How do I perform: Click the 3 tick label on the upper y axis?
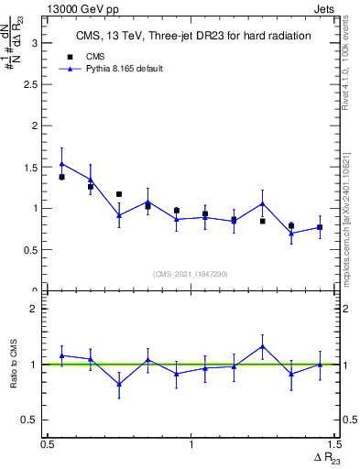pos(33,42)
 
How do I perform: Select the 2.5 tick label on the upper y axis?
pos(28,83)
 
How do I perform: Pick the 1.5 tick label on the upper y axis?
pos(28,167)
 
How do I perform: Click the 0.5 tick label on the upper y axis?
pos(28,249)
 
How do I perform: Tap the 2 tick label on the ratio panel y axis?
pos(33,309)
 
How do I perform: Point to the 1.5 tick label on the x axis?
pos(334,444)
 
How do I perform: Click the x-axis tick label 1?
pos(191,444)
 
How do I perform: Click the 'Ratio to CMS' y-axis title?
pos(13,365)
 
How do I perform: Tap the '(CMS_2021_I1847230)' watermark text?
pos(191,274)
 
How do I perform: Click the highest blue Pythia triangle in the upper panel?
pos(61,164)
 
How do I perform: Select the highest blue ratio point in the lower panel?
pos(262,346)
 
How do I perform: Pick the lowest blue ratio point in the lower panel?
pos(119,384)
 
